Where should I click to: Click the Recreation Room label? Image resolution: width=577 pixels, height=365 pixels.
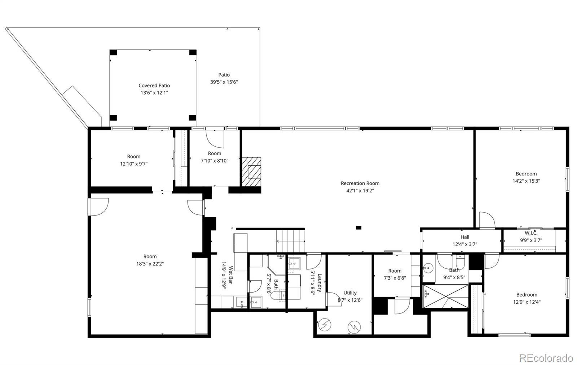360,183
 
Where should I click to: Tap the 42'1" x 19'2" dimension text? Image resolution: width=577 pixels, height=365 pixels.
360,191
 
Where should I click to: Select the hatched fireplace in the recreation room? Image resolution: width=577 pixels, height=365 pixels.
251,172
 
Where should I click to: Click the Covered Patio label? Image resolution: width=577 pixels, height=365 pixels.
154,85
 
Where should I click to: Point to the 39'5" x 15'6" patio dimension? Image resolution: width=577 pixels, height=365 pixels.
224,82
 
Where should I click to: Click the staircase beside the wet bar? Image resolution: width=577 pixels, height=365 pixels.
291,241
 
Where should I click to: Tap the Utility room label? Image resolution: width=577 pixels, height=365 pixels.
350,293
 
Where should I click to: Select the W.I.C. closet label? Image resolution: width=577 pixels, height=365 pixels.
531,233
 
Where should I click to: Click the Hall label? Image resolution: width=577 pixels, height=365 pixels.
465,237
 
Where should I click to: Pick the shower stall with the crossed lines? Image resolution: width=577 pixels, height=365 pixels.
446,296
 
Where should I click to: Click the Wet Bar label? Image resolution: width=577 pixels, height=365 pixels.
230,275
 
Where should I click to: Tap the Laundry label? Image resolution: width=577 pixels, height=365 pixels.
320,282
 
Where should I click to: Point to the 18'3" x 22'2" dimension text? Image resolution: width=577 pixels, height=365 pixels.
150,264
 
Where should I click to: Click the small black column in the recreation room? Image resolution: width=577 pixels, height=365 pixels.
358,228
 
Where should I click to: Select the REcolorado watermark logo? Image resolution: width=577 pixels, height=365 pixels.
546,358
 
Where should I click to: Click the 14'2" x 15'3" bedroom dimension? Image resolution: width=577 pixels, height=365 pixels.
526,181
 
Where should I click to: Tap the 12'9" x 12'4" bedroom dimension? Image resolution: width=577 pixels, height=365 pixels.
527,302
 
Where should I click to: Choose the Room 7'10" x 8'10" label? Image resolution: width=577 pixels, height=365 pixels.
215,157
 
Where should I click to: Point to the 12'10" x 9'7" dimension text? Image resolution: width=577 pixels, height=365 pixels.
134,164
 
